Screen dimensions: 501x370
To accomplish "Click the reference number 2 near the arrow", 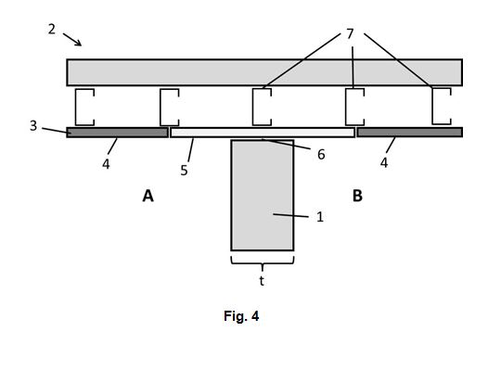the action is (x=52, y=30).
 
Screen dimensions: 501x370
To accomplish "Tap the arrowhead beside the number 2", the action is (x=79, y=43).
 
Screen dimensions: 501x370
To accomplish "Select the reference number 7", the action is (x=350, y=33).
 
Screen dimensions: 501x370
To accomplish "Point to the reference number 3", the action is (x=33, y=126).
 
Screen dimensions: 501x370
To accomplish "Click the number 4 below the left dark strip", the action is (x=106, y=164).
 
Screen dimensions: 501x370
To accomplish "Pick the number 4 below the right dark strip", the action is (x=384, y=162).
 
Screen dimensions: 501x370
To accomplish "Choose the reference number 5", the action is (x=184, y=170).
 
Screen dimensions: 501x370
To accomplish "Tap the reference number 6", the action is (x=321, y=155).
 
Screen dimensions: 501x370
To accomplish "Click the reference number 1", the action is (x=320, y=217).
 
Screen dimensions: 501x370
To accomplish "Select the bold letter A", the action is (x=148, y=196).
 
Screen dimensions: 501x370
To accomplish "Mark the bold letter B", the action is (x=357, y=196).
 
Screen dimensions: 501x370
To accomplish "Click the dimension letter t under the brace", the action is (x=262, y=281).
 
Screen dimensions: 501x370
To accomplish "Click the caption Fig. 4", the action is (x=241, y=316).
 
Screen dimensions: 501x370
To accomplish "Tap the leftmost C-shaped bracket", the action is (x=76, y=108).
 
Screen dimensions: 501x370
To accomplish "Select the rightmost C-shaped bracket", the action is (x=433, y=106).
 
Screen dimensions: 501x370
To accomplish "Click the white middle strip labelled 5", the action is (x=263, y=133).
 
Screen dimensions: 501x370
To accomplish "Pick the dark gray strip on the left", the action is (x=117, y=133).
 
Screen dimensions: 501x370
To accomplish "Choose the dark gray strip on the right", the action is (x=410, y=133).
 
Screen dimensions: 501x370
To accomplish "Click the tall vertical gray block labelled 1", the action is (x=263, y=195).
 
